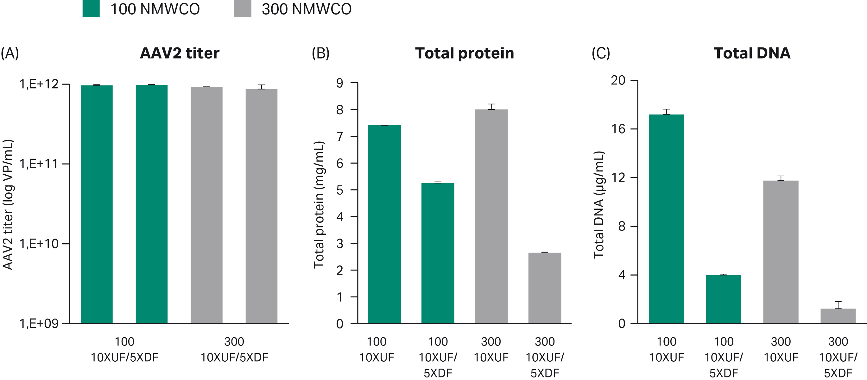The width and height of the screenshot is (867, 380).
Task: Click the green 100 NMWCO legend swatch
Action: coord(91,9)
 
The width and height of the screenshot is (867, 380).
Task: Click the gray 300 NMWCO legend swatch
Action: coord(243,9)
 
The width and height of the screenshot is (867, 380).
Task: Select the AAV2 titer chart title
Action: coord(180,53)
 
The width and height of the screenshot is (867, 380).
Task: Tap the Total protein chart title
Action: coord(464,53)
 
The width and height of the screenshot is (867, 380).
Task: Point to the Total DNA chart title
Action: coord(751,53)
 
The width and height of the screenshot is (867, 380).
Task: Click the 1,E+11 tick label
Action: coord(39,164)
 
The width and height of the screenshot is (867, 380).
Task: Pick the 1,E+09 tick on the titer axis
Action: coord(39,323)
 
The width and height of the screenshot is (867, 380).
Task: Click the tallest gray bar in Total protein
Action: coord(491,215)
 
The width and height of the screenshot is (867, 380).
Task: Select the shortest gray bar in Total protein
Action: coord(545,288)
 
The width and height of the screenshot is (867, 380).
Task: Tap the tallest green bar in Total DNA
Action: coord(666,219)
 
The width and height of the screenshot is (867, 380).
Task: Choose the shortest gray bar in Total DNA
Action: coord(838,316)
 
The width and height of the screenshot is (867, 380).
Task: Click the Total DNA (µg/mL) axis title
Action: coord(598,204)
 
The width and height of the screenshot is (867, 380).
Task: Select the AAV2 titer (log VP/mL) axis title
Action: coord(8,204)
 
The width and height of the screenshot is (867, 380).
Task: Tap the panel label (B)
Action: coord(320,53)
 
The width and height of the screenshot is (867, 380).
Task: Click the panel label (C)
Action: coord(601,53)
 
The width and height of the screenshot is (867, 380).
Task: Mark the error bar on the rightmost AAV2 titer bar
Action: coord(262,87)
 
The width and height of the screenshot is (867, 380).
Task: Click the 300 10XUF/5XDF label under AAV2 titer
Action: coord(234,349)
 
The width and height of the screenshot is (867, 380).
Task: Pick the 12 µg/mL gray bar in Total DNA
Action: coord(781,252)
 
